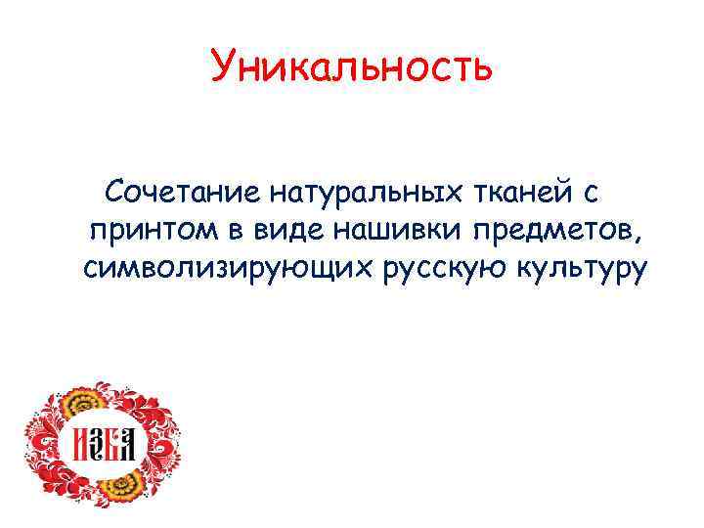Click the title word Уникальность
tap(351, 69)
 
